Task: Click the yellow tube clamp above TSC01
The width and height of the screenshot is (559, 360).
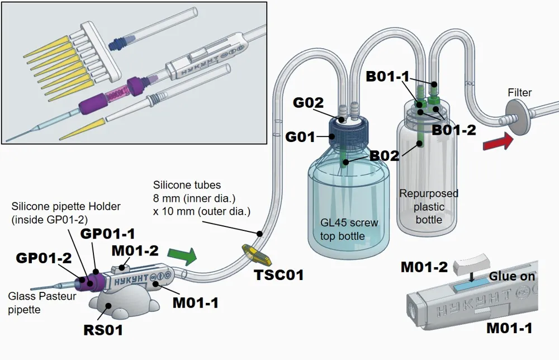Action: click(257, 254)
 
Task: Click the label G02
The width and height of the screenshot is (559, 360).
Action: click(309, 103)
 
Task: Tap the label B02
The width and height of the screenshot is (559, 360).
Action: click(385, 156)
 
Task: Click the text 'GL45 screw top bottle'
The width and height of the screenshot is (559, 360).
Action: click(349, 229)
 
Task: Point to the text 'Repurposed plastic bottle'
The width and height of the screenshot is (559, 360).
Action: click(429, 206)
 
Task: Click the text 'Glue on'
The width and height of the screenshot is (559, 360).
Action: click(511, 276)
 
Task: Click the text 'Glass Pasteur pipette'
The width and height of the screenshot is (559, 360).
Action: click(42, 302)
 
